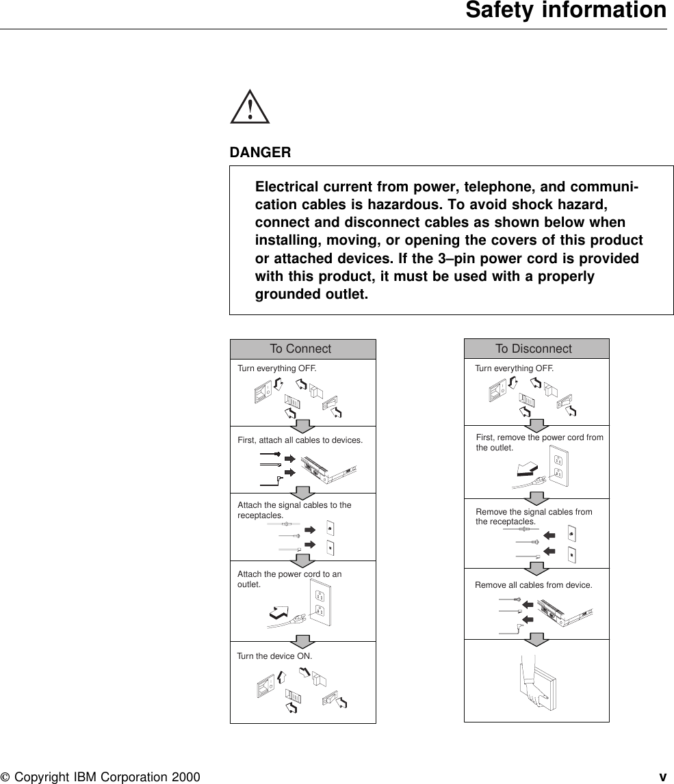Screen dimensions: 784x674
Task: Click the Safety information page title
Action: [565, 12]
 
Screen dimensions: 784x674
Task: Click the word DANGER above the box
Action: [260, 152]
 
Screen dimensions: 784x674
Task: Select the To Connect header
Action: [300, 349]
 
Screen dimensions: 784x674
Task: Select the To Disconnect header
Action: [534, 349]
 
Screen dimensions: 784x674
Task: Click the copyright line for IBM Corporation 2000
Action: [101, 777]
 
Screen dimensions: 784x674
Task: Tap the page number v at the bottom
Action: [662, 777]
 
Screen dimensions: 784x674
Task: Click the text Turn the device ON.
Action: [274, 655]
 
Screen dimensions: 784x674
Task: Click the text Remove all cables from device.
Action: [534, 585]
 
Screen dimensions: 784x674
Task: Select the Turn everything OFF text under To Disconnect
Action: [515, 368]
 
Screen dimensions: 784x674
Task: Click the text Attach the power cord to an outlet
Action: [289, 580]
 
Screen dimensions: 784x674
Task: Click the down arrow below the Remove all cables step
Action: [537, 639]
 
